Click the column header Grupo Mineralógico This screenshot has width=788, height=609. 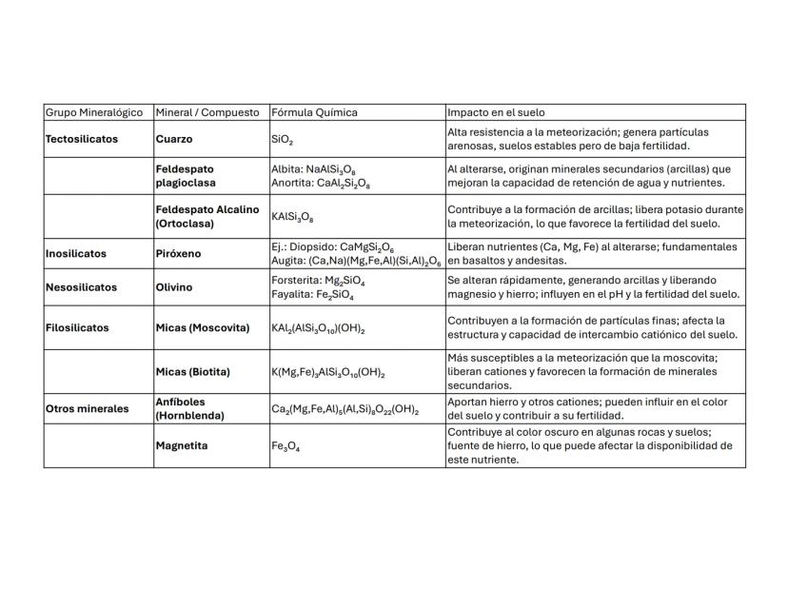tap(93, 112)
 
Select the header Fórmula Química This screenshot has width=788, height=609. tap(314, 112)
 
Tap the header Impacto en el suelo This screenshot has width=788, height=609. tap(496, 112)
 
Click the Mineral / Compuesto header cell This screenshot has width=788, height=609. tap(207, 112)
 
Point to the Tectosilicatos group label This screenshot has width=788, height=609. tap(82, 139)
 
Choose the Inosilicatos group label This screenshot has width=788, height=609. tap(76, 254)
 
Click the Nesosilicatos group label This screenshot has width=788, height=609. tap(81, 286)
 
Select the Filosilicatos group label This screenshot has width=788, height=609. tap(77, 327)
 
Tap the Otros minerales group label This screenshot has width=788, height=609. tap(87, 408)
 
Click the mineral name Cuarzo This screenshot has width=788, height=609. tap(174, 139)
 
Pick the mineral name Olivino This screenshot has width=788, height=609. tap(174, 286)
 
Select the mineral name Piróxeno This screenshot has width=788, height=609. tap(177, 254)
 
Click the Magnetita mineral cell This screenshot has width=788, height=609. tap(182, 445)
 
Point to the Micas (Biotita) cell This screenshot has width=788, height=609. tap(193, 371)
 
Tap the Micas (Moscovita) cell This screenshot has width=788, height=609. tap(203, 327)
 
